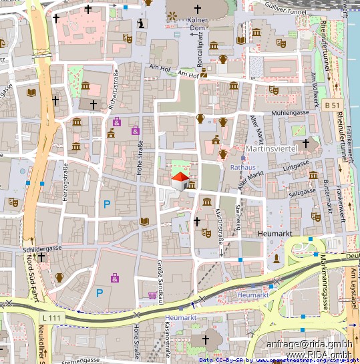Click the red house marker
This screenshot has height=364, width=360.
(x=180, y=180)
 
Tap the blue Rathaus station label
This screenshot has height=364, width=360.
(x=242, y=167)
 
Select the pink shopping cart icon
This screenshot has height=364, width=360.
(x=153, y=295)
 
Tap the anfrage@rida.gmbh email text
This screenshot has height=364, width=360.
(x=309, y=344)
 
